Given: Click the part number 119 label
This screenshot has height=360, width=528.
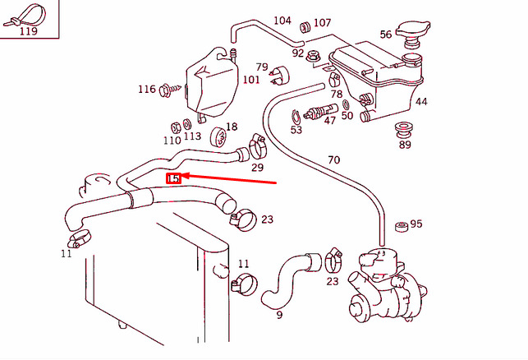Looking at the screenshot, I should (28, 32).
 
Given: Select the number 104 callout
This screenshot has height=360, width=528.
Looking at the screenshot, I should (282, 21).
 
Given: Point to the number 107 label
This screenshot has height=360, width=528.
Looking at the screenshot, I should (322, 22).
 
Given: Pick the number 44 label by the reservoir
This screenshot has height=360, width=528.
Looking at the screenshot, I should (420, 102).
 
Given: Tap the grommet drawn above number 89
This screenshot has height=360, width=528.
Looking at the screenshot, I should (404, 129).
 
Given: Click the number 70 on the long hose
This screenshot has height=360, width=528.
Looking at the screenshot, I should (333, 159).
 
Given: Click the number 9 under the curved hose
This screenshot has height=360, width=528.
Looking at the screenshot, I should (279, 315).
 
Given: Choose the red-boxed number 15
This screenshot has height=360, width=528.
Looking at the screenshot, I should (173, 178).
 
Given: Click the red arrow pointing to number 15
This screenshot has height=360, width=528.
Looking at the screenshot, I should (234, 178).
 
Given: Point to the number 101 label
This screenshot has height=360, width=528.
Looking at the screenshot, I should (251, 81).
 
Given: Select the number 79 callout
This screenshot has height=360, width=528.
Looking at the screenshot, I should (262, 67).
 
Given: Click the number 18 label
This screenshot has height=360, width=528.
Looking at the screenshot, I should (232, 127).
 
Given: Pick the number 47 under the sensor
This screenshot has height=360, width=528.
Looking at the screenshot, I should (329, 120).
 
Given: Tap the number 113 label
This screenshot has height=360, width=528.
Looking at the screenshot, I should (192, 137).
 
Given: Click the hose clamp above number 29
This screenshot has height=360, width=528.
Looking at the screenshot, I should (257, 148).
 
